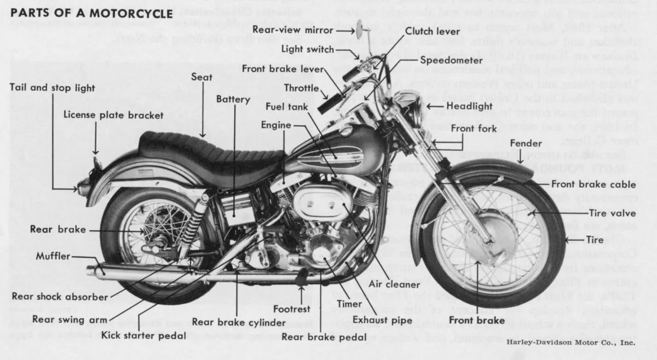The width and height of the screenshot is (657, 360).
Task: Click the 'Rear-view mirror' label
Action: click(x=291, y=30)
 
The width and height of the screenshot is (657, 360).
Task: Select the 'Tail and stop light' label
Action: click(x=53, y=88)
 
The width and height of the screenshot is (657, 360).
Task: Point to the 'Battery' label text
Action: click(x=233, y=100)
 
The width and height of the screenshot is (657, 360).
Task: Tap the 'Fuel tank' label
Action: click(x=287, y=106)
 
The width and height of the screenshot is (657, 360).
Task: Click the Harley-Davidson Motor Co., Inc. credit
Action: click(x=570, y=342)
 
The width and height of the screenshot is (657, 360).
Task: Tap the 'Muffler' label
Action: click(x=53, y=256)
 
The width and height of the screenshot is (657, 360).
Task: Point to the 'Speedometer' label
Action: click(x=452, y=60)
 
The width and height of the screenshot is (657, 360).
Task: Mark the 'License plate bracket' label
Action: click(x=113, y=115)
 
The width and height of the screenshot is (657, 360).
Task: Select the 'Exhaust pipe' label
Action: click(x=387, y=320)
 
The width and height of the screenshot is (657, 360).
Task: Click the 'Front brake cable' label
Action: click(x=593, y=184)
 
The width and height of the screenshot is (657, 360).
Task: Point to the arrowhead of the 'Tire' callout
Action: click(x=566, y=240)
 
